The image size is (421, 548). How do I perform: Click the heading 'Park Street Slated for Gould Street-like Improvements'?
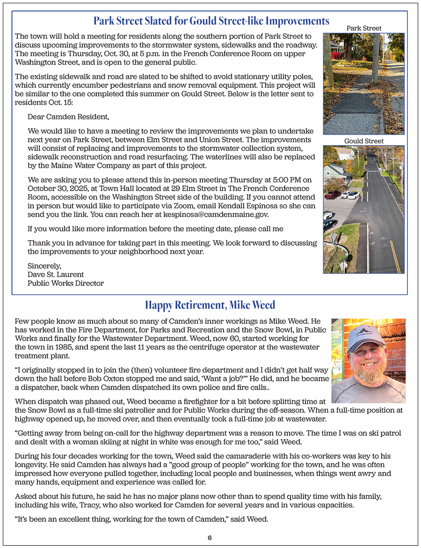point(211,21)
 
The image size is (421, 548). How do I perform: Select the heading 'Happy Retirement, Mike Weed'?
point(210,305)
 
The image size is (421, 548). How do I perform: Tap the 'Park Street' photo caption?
point(363,28)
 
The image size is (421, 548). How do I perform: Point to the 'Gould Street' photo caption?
point(363,141)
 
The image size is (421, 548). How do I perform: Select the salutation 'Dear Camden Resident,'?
point(68,117)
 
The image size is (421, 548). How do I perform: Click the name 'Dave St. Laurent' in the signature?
point(56,274)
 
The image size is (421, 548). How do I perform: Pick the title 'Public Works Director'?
point(65,283)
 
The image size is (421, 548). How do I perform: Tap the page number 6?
point(210,538)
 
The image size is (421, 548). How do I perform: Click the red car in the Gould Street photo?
point(333,194)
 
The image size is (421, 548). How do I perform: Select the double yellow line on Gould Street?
point(395,257)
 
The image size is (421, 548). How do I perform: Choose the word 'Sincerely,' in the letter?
point(44,265)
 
